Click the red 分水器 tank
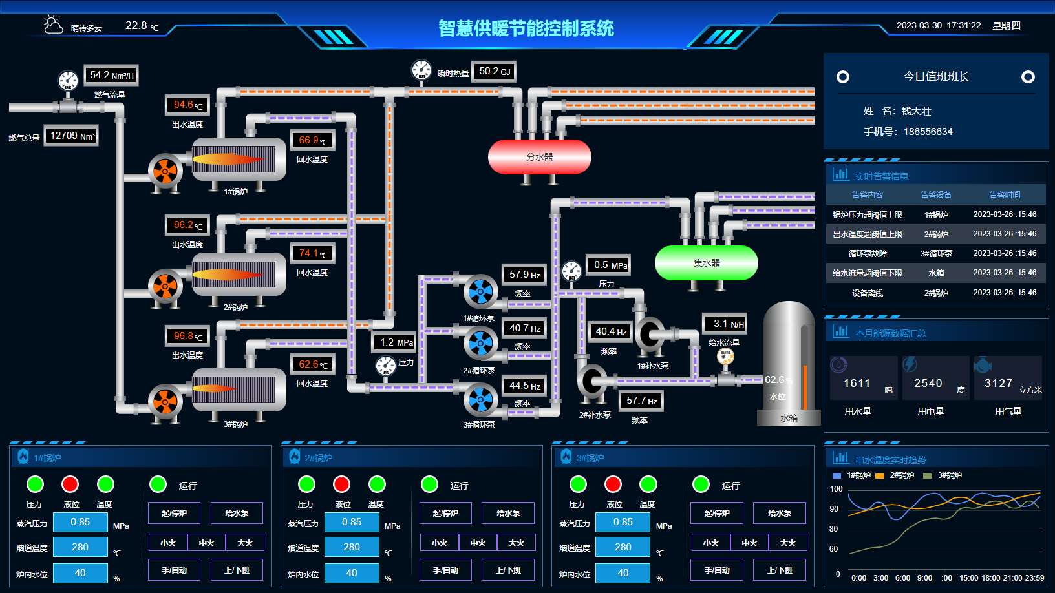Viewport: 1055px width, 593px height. click(x=539, y=157)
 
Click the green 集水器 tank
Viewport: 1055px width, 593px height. click(x=706, y=263)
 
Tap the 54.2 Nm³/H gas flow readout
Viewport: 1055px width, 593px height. click(x=111, y=76)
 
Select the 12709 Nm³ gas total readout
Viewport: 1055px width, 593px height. click(x=72, y=136)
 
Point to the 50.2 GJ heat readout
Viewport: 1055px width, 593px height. click(x=495, y=71)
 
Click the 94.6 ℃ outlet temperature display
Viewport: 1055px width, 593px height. click(x=187, y=105)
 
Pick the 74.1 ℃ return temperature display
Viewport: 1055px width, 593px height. click(x=313, y=253)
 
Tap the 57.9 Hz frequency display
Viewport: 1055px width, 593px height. click(x=524, y=275)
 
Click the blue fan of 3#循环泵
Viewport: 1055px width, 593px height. click(x=480, y=401)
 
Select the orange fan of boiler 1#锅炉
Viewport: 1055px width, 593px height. click(x=165, y=171)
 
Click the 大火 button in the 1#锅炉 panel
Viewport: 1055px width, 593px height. click(x=245, y=543)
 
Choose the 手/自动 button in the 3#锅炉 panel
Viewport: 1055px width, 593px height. click(x=717, y=570)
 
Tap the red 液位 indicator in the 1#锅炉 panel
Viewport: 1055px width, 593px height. click(x=70, y=484)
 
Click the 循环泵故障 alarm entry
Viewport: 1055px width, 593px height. click(x=868, y=253)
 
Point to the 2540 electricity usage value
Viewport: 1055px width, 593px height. click(x=928, y=383)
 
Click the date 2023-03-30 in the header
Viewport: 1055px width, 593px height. click(x=919, y=26)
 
